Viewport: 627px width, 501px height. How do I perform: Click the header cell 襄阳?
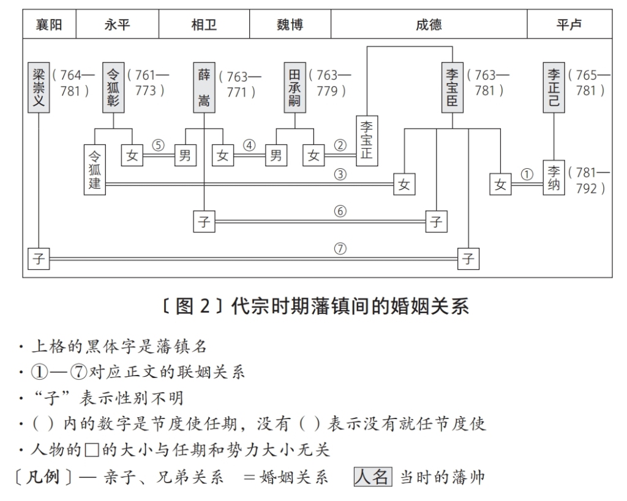coord(50,25)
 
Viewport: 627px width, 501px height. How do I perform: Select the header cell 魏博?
coord(290,25)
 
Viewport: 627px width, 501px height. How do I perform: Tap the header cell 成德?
coord(429,25)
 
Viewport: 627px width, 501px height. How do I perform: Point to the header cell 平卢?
coord(569,25)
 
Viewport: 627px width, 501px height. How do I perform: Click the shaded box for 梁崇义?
coord(39,87)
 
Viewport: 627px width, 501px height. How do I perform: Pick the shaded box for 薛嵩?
coord(204,87)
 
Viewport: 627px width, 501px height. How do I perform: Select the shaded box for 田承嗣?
coord(295,87)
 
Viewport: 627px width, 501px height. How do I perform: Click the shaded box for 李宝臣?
coord(452,87)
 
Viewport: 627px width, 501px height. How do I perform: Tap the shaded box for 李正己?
coord(554,87)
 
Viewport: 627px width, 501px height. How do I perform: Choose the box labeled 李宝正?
coord(367,139)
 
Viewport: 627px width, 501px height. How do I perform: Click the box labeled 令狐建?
coord(94,169)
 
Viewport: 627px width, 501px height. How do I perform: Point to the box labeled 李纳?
coord(554,177)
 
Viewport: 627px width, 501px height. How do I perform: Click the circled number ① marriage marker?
coord(527,174)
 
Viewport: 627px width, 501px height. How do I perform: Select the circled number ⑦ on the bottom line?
coord(340,249)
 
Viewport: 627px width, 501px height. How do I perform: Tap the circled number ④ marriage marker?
coord(249,146)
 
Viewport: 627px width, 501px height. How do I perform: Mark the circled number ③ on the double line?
coord(340,174)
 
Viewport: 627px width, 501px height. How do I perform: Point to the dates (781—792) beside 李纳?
coord(589,180)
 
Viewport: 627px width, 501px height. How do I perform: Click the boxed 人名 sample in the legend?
coord(372,477)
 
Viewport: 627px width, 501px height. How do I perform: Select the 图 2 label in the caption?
coord(192,306)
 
